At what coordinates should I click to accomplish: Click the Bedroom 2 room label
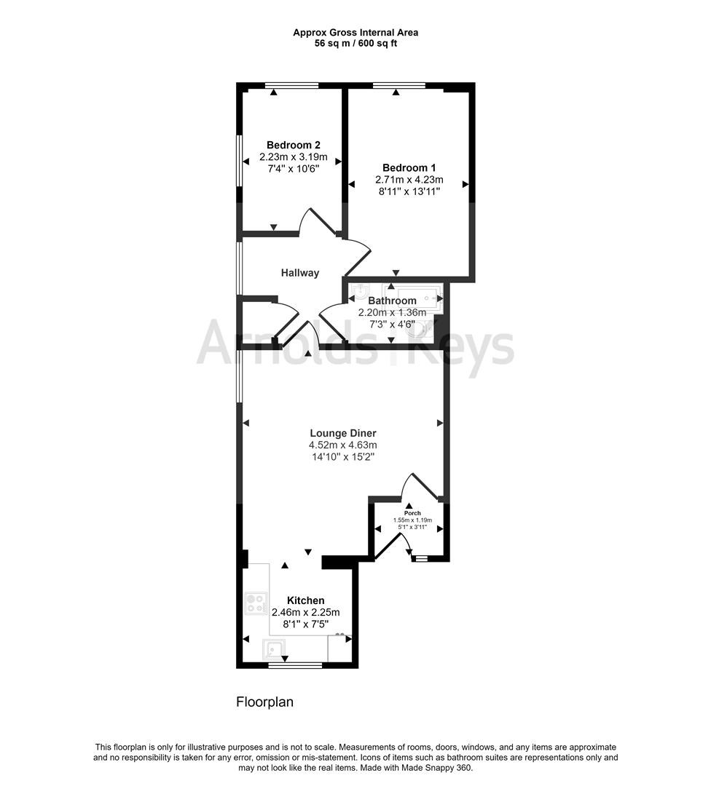[x=294, y=146]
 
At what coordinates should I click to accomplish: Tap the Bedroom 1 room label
[x=409, y=168]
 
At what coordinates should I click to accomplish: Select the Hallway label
[x=300, y=273]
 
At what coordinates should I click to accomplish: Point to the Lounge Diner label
[x=342, y=434]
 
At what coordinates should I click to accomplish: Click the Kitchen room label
[x=305, y=600]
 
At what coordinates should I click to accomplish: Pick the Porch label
[x=412, y=513]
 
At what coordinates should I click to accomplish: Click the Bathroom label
[x=393, y=301]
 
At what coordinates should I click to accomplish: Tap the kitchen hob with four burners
[x=256, y=603]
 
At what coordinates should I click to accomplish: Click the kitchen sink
[x=273, y=650]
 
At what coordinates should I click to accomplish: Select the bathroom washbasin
[x=361, y=293]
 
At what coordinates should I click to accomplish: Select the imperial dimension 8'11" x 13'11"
[x=409, y=191]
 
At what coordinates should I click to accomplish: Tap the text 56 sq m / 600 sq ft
[x=355, y=43]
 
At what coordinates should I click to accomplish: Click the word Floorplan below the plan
[x=265, y=702]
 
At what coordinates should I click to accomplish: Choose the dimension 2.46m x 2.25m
[x=305, y=613]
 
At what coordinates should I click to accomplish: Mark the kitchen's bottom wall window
[x=296, y=666]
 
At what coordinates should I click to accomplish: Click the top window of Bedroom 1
[x=400, y=85]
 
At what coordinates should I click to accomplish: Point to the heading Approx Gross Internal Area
[x=355, y=33]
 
